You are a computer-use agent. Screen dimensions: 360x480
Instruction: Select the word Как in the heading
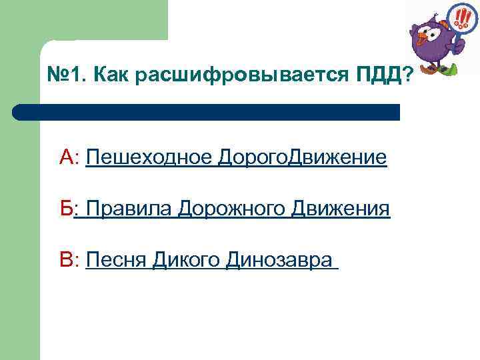pos(111,76)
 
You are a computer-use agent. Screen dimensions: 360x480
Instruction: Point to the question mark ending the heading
pos(407,76)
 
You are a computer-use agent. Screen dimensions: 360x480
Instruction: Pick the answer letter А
pos(67,157)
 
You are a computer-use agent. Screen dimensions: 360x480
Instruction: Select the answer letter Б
pos(66,209)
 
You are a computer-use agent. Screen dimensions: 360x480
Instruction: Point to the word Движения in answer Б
pos(341,209)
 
